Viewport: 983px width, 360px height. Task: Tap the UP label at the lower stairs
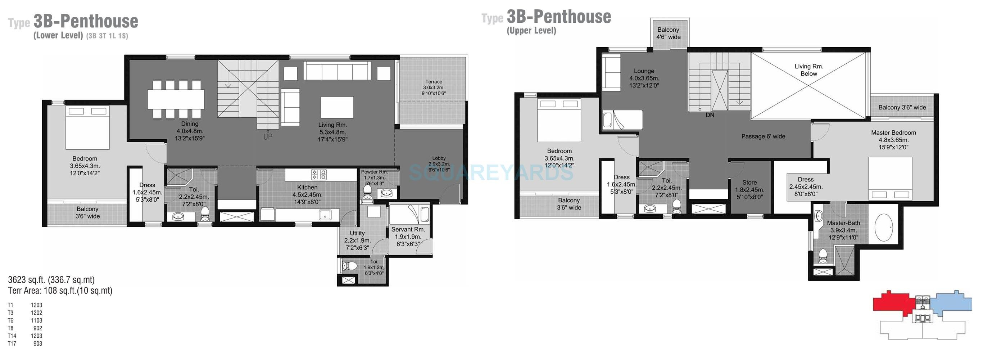[x=267, y=136]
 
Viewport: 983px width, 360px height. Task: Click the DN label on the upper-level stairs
[x=710, y=115]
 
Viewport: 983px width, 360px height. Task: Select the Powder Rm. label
[x=374, y=172]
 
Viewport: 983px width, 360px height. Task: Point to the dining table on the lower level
[x=176, y=99]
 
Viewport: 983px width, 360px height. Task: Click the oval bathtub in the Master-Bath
[x=883, y=228]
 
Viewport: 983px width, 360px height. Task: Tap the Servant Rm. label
[x=408, y=229]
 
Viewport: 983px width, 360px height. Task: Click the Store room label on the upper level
[x=749, y=183]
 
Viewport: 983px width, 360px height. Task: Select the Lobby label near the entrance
[x=439, y=158]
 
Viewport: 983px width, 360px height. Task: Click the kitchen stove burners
[x=319, y=175]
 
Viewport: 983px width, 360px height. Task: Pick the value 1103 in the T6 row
[x=37, y=321]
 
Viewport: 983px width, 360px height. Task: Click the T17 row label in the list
[x=12, y=343]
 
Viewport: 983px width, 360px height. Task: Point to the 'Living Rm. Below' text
[x=808, y=70]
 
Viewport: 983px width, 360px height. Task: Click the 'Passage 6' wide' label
[x=763, y=136]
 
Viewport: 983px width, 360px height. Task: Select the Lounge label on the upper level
[x=644, y=71]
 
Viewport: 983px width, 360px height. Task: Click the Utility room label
[x=357, y=233]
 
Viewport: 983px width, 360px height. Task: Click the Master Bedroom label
[x=893, y=133]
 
